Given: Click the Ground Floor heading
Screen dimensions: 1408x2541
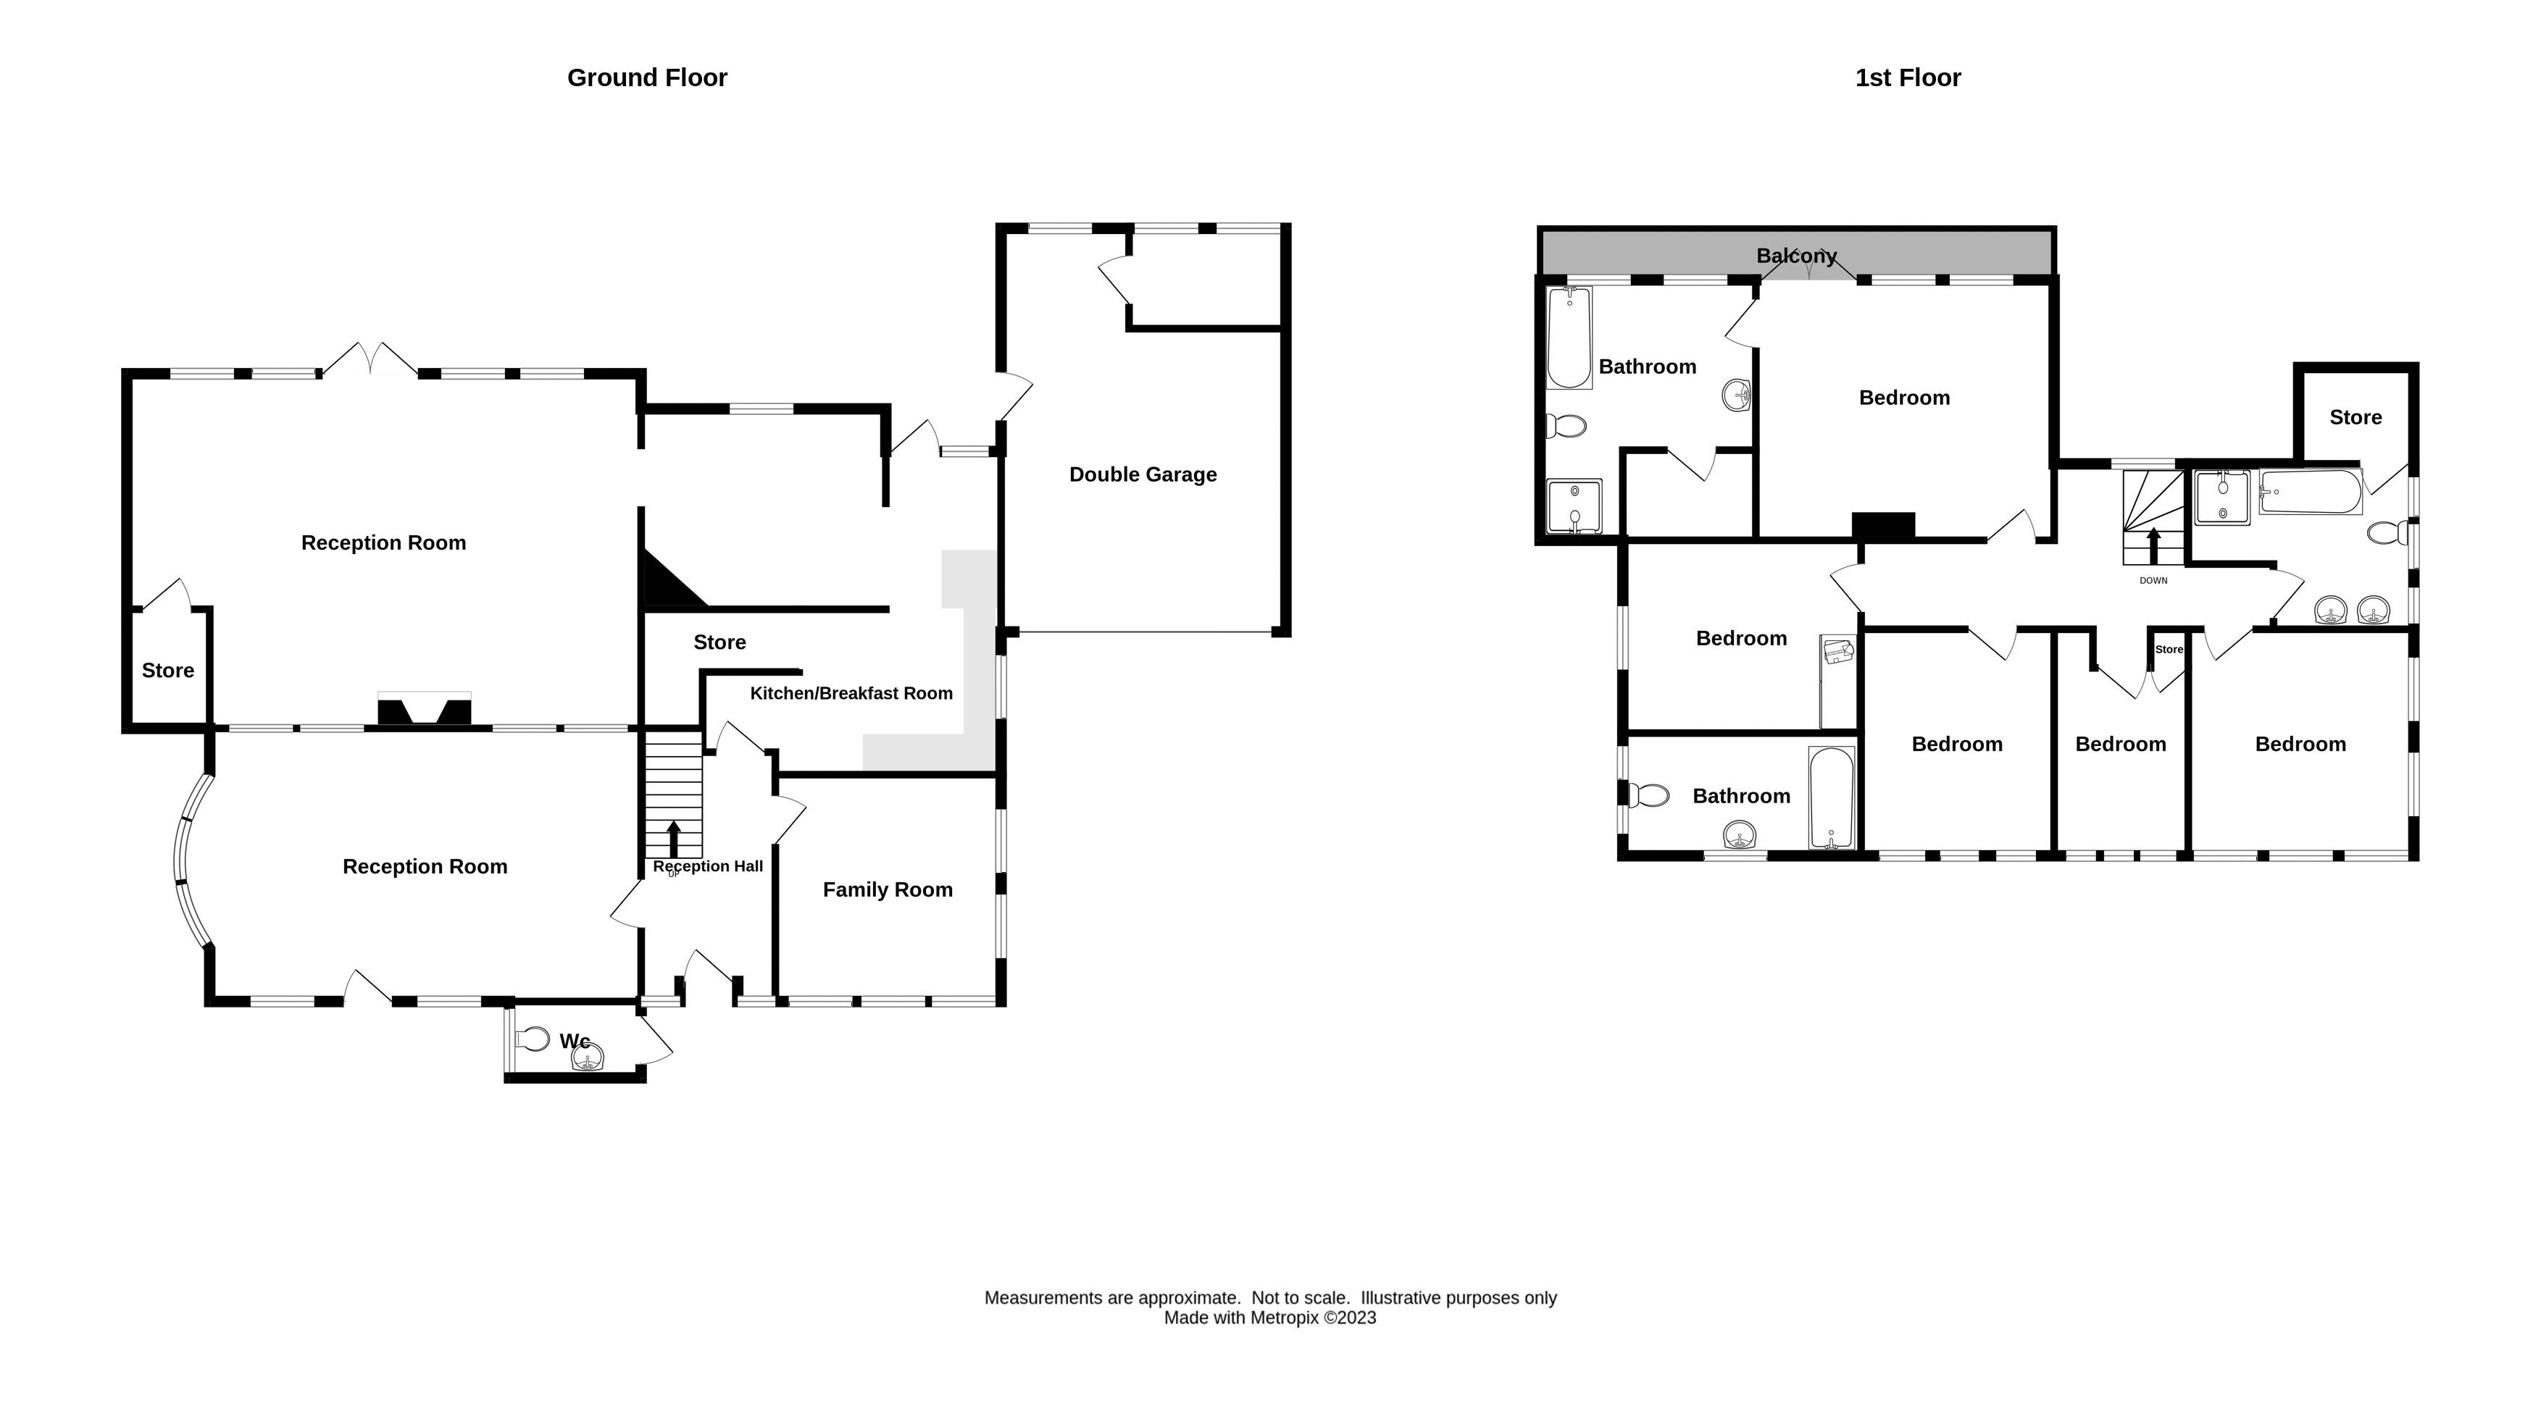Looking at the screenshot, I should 646,78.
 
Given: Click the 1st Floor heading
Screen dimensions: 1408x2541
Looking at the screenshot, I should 1907,78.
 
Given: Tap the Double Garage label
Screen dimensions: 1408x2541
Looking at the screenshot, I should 1143,474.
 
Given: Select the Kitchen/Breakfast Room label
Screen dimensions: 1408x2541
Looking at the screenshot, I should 851,693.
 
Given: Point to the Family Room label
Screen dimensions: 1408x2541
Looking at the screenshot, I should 887,889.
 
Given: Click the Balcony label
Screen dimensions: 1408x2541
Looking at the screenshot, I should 1795,256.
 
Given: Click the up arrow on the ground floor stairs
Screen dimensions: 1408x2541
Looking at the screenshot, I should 674,837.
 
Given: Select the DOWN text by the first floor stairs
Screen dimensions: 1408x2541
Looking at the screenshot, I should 2153,581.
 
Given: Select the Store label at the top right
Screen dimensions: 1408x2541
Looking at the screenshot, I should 2355,417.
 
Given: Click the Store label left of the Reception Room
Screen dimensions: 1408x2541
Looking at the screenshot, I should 167,671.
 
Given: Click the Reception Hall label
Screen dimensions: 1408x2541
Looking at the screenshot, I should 707,866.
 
